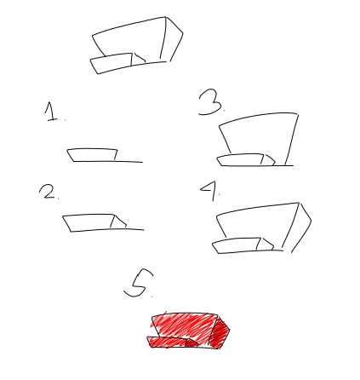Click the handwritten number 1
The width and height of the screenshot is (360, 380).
[51, 112]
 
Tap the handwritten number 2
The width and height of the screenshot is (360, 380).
[48, 191]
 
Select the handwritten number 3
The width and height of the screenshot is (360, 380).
[210, 102]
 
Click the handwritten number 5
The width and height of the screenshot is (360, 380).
[139, 283]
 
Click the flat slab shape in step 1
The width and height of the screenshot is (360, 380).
[92, 155]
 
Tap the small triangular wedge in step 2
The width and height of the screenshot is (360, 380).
[118, 222]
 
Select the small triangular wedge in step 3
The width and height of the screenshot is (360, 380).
[267, 160]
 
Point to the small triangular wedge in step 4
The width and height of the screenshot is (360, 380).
[265, 245]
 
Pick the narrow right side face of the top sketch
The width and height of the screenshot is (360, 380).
[172, 39]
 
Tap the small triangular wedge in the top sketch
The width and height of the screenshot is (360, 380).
[139, 59]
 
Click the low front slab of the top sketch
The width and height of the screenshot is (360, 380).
[111, 63]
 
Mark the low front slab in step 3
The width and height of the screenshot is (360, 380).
[241, 160]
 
